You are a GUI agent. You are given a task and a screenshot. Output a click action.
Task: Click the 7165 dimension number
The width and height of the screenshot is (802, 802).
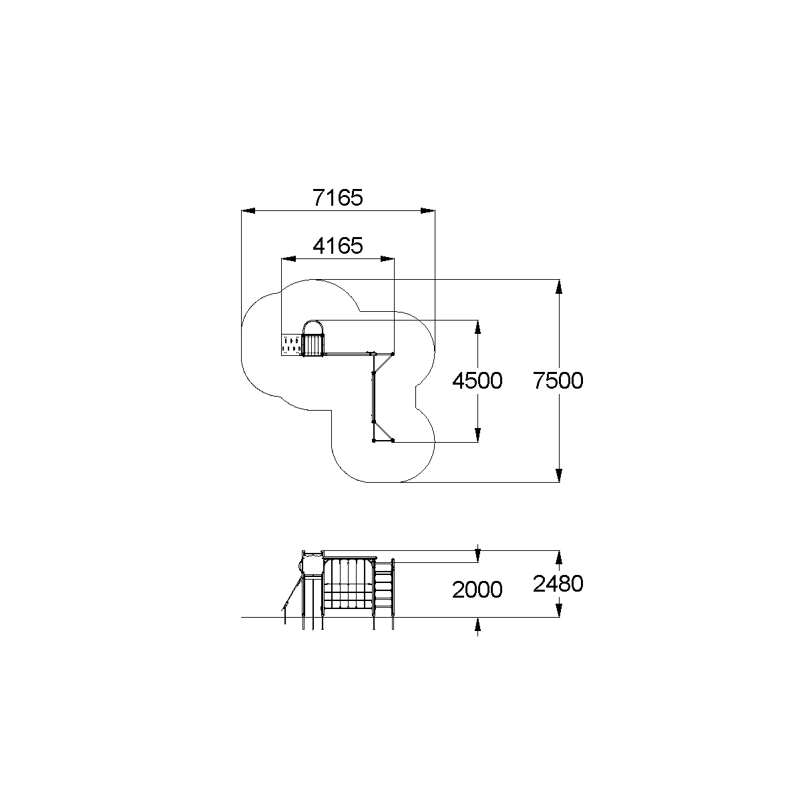coord(337,198)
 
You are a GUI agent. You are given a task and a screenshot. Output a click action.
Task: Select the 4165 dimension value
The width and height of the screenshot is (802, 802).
coord(337,246)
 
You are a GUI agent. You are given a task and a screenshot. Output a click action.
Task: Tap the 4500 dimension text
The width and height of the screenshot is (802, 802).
coord(477,381)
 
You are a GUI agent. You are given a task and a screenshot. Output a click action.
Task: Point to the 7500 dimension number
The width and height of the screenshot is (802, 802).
coord(558,381)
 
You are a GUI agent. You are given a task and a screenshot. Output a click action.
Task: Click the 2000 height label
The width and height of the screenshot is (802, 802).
coord(477,590)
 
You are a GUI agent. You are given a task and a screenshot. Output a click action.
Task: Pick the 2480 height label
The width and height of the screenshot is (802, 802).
coord(558,584)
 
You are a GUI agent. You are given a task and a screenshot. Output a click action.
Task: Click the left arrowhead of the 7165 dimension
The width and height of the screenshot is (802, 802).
coord(248,210)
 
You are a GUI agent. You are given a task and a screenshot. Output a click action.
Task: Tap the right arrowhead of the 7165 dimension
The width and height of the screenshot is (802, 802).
coord(428,210)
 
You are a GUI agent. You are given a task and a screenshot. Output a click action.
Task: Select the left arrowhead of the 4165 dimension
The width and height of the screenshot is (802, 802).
coord(288,259)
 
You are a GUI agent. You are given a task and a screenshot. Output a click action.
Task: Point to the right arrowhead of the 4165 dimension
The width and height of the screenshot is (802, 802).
coord(387,259)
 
